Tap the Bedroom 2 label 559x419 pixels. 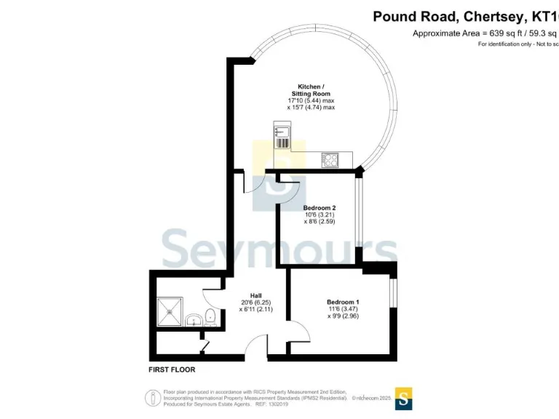coord(319,208)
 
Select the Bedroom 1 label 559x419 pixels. coord(342,302)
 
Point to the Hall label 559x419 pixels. coord(255,295)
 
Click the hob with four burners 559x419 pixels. coord(330,160)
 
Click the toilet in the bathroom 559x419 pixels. coord(210,316)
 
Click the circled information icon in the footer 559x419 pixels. coord(153,397)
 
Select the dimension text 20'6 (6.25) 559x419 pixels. coord(255,302)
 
